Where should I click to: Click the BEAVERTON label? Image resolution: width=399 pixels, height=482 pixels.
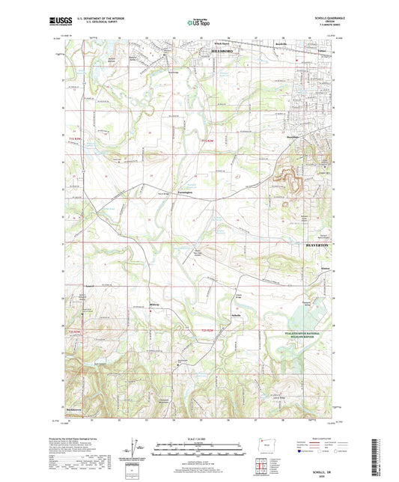[323, 245]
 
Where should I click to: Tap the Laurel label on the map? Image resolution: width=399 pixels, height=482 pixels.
[89, 285]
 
